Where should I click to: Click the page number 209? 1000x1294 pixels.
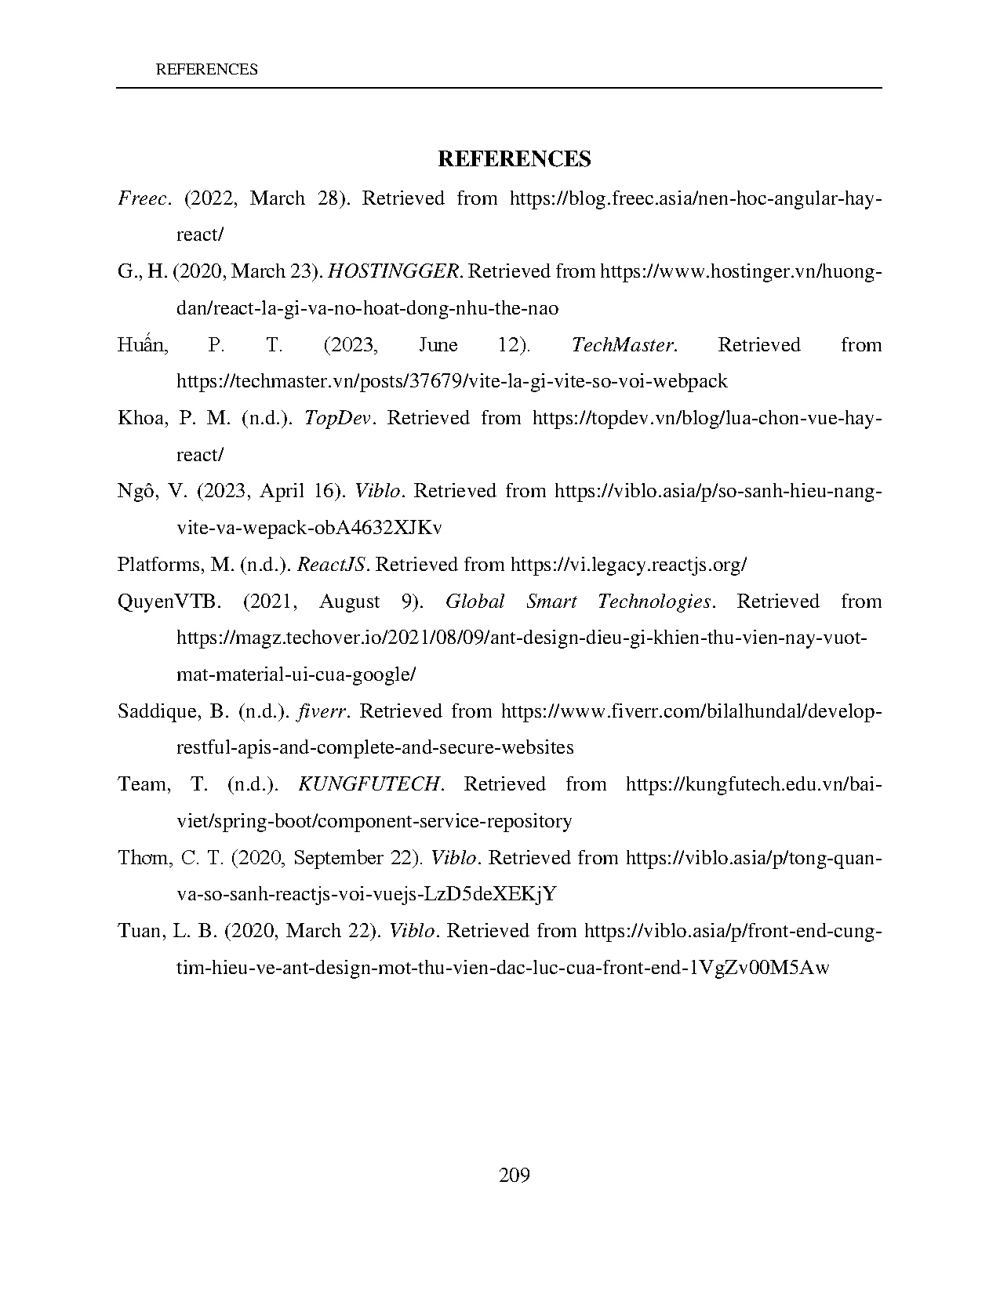[515, 1175]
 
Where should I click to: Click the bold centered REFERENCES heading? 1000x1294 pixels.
[514, 159]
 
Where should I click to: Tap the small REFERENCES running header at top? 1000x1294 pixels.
[207, 70]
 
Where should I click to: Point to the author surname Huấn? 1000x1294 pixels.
[142, 345]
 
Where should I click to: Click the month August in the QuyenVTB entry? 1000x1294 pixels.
[350, 602]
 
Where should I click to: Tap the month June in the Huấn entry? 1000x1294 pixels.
[438, 345]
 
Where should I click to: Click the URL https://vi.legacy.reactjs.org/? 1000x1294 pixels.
[628, 565]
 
